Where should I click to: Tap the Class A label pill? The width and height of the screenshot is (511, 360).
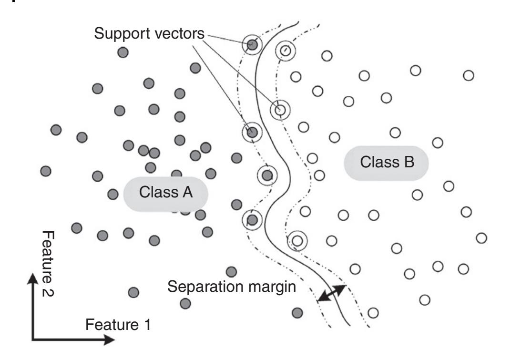pos(166,193)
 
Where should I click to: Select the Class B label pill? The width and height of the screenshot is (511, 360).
pos(387,162)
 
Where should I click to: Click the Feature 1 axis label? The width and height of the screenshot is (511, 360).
pos(118,325)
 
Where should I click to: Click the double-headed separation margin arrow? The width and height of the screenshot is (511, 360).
pos(332,293)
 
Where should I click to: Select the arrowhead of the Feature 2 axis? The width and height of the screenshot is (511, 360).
pos(32,278)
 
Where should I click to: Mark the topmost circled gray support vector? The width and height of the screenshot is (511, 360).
pos(253,45)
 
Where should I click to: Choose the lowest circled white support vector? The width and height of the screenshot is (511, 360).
pos(297,241)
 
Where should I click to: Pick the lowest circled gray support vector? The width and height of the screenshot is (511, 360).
pos(252,219)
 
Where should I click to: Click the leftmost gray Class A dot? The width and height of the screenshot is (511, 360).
pos(46,171)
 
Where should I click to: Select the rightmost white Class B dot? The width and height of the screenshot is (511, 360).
pos(481,237)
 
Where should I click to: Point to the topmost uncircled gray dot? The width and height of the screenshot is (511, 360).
pos(123,52)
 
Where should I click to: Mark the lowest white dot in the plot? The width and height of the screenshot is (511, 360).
pos(373,313)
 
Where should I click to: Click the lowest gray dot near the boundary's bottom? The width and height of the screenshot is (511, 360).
pos(297,313)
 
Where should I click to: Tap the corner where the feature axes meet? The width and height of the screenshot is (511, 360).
pos(32,340)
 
